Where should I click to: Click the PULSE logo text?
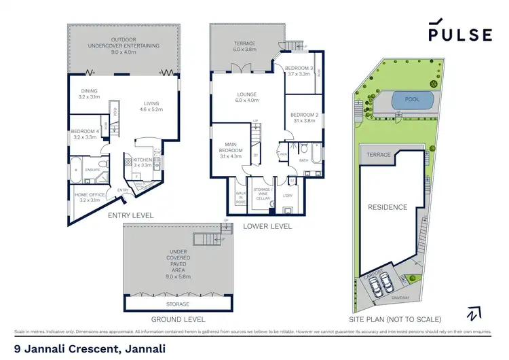pos(459,35)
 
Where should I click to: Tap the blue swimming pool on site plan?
pos(413,101)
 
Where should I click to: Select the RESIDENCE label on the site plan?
pos(388,207)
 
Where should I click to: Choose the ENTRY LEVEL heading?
pos(131,215)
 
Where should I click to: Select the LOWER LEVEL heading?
pos(267,226)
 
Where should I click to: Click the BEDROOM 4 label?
pos(85,134)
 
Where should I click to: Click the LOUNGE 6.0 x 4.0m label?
pos(243,98)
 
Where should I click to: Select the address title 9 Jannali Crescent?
pos(90,348)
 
